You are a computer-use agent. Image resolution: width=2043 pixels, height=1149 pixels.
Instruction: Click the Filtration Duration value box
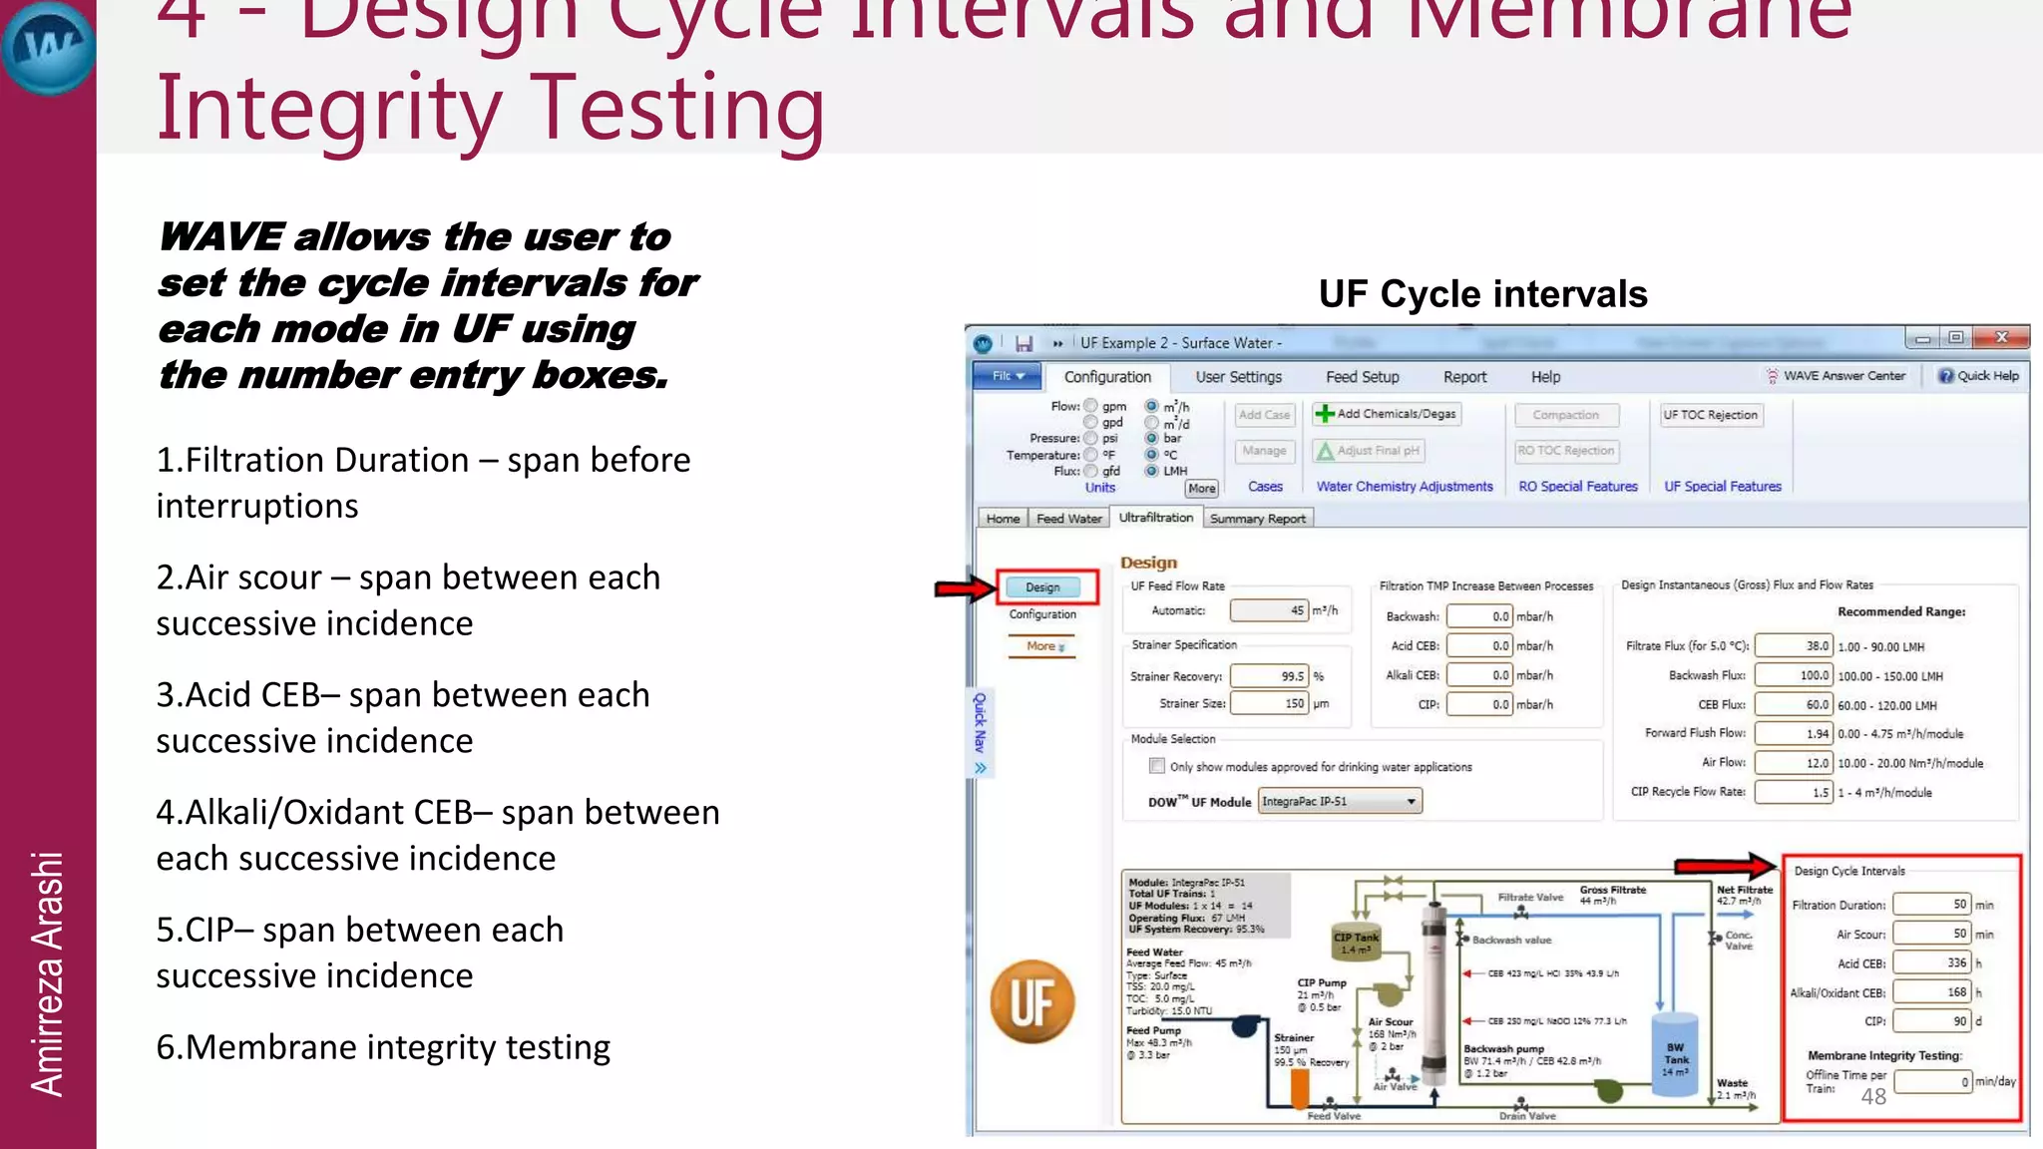pyautogui.click(x=1931, y=905)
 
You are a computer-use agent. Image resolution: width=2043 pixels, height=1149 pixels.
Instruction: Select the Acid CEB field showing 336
pyautogui.click(x=1931, y=963)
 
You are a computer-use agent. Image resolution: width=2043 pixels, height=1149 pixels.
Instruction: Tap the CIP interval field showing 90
pyautogui.click(x=1931, y=1021)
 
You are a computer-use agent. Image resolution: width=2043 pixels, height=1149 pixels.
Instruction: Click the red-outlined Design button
pyautogui.click(x=1043, y=587)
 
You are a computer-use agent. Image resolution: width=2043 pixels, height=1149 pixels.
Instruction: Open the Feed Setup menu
pyautogui.click(x=1362, y=377)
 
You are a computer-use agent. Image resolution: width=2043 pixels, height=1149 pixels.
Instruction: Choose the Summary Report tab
pyautogui.click(x=1257, y=519)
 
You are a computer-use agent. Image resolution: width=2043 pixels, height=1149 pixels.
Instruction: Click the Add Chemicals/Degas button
pyautogui.click(x=1387, y=414)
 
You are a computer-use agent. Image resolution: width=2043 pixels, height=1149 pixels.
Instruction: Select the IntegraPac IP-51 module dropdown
pyautogui.click(x=1340, y=801)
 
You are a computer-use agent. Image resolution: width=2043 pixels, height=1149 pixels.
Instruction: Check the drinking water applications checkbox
pyautogui.click(x=1157, y=766)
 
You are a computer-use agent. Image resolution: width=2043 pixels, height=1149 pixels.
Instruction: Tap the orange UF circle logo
pyautogui.click(x=1032, y=1001)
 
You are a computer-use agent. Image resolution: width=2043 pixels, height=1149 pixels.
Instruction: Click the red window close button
pyautogui.click(x=2001, y=338)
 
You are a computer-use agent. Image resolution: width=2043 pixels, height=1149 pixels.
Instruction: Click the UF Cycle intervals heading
pyautogui.click(x=1482, y=294)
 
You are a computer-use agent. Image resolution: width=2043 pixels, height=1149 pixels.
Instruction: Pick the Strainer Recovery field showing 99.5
pyautogui.click(x=1270, y=676)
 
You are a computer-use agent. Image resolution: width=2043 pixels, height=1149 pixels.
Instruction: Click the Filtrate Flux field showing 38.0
pyautogui.click(x=1794, y=646)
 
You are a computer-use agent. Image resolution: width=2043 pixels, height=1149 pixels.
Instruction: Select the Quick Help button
pyautogui.click(x=1978, y=376)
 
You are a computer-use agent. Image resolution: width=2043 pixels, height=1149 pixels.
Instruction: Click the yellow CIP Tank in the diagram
pyautogui.click(x=1356, y=943)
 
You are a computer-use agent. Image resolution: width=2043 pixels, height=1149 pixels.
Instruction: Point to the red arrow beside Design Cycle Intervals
pyautogui.click(x=1725, y=866)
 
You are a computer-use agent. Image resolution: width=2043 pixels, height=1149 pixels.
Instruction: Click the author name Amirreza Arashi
pyautogui.click(x=47, y=973)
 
